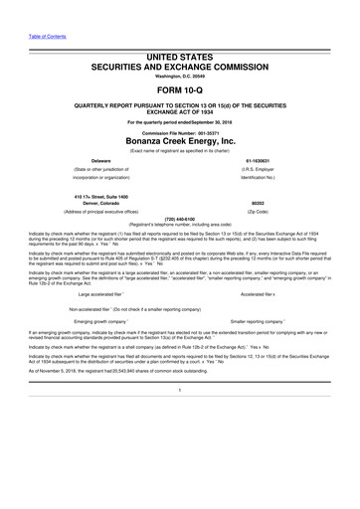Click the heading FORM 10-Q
tap(180, 88)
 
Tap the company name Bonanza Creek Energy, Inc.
tap(180, 141)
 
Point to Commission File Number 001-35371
tap(180, 132)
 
